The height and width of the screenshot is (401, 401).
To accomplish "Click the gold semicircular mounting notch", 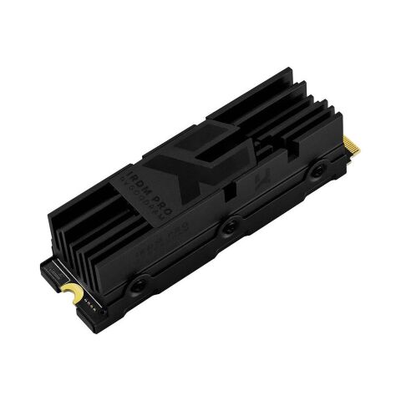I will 74,294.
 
